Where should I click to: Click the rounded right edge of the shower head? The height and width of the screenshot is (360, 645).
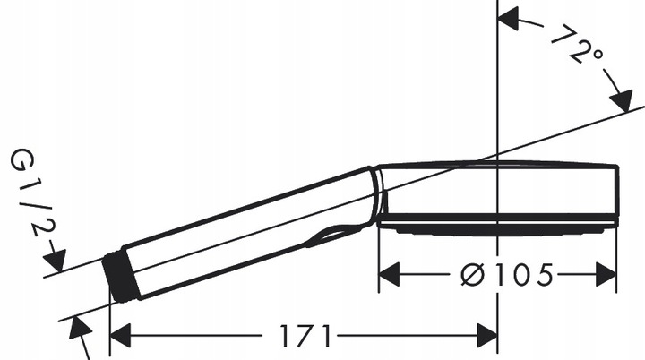(617, 193)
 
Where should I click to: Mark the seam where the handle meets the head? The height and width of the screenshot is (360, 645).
(377, 193)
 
